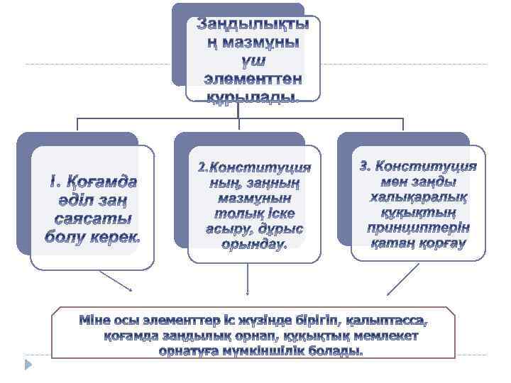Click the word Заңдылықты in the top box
[x=253, y=24]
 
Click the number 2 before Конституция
[x=202, y=167]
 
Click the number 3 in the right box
[x=365, y=167]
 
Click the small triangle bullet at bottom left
[x=28, y=364]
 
